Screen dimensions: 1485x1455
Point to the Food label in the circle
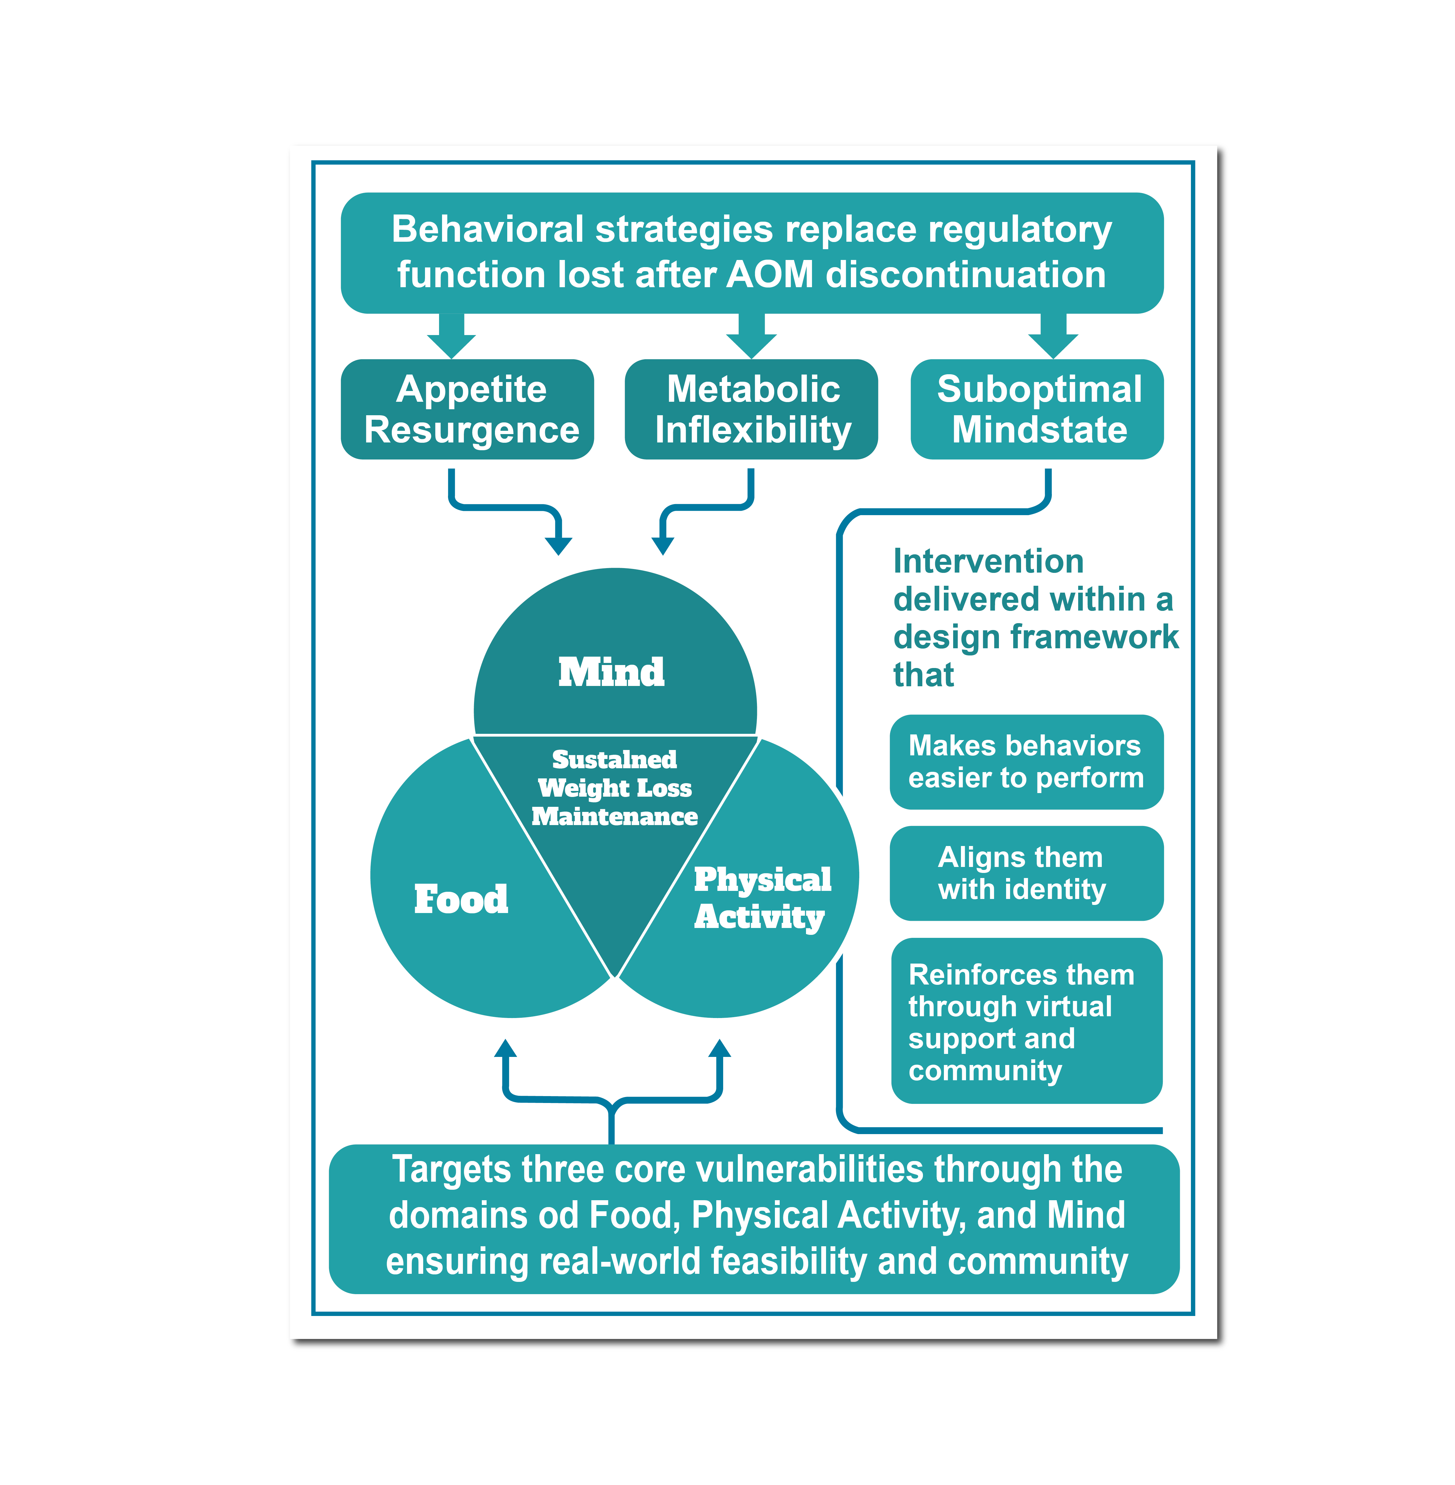461,899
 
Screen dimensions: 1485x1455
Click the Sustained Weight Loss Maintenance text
614,788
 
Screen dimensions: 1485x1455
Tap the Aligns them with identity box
1026,873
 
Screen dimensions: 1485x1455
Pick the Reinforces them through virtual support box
1026,1021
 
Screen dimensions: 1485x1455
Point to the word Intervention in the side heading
988,562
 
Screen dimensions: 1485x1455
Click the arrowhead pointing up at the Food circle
505,1049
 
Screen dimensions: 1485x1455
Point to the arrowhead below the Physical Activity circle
719,1049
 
